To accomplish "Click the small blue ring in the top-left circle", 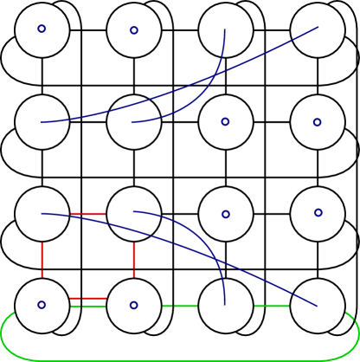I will [x=42, y=29].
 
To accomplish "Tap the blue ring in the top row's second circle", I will [x=134, y=30].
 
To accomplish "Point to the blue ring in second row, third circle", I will [x=225, y=121].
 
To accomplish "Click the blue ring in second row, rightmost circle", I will [x=317, y=122].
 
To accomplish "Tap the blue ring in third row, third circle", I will [x=226, y=214].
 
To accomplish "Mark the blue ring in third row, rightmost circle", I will [x=318, y=212].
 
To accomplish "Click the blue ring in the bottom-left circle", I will [x=42, y=305].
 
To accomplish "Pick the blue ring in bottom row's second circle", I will [x=133, y=305].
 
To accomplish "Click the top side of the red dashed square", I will [x=88, y=213].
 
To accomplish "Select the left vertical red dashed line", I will [x=42, y=259].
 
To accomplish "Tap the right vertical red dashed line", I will [x=134, y=259].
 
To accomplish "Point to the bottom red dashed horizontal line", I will [x=88, y=298].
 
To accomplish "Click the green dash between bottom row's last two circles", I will [x=272, y=305].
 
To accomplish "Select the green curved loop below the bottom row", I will [x=180, y=359].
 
